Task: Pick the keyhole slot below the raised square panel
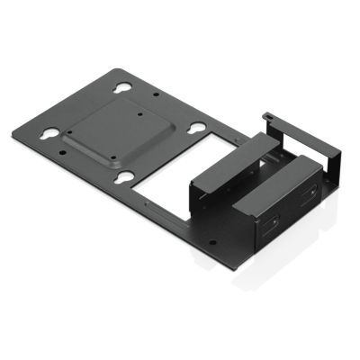127,178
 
